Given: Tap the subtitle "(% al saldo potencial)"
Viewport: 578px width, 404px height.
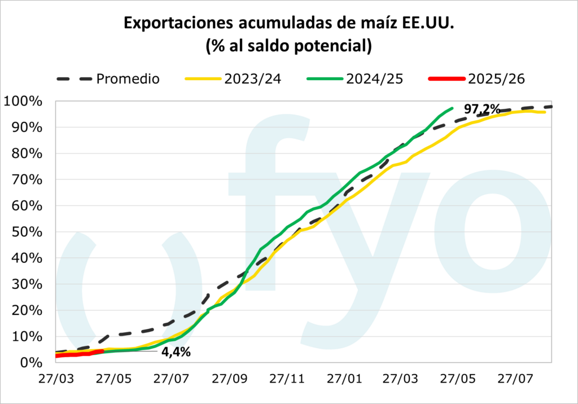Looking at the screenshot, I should [x=288, y=46].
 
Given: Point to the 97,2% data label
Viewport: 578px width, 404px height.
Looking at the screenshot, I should [x=481, y=109].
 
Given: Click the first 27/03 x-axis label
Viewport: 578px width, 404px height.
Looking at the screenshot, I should [x=56, y=377].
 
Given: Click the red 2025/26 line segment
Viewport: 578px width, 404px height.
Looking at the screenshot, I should [x=79, y=353].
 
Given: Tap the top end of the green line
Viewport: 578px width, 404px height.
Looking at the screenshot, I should [x=452, y=108].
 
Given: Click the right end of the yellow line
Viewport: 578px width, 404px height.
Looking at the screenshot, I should [x=545, y=112].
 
